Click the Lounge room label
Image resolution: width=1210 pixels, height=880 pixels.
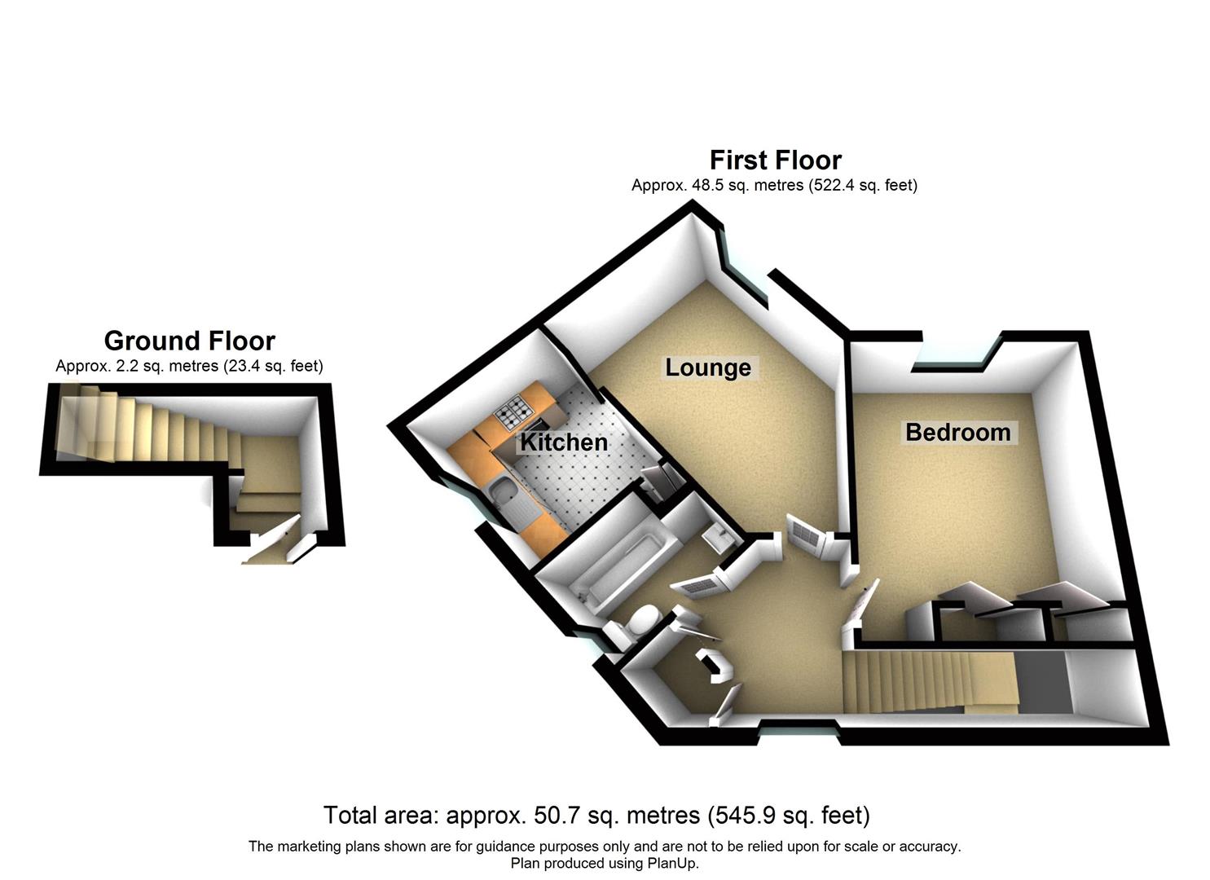click(x=707, y=367)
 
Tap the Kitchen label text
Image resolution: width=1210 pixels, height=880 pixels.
click(x=564, y=442)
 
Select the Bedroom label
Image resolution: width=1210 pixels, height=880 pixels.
click(x=957, y=432)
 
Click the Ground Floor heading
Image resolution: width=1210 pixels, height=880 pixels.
click(x=189, y=341)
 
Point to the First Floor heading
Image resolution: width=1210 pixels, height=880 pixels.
click(x=775, y=160)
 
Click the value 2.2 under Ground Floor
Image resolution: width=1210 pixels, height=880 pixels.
click(x=130, y=367)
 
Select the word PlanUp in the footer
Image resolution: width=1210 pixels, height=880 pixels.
click(x=671, y=864)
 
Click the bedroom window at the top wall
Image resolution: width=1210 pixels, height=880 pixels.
click(x=953, y=363)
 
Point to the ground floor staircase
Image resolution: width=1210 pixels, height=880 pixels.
click(x=147, y=424)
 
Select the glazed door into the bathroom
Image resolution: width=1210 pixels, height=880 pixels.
click(x=697, y=583)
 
